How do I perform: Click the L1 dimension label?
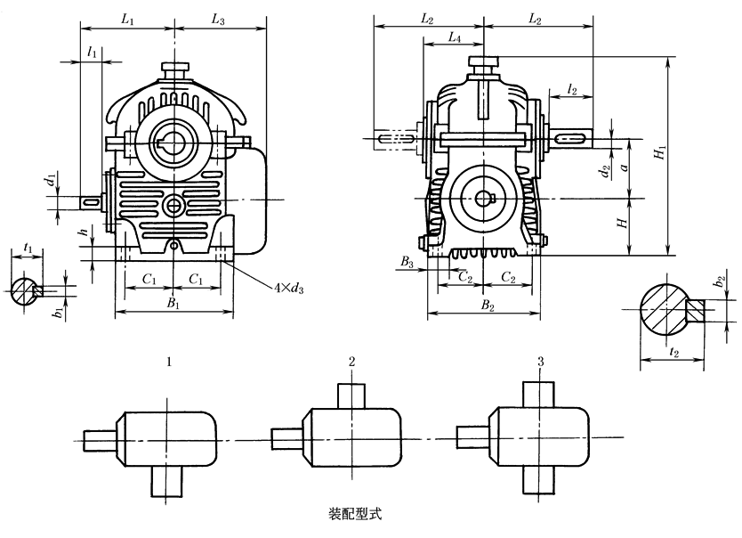point(127,18)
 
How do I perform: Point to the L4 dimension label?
point(454,38)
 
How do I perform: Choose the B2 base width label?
point(487,305)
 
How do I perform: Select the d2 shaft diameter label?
point(604,168)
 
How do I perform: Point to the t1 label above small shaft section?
point(28,247)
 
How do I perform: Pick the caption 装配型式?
point(357,514)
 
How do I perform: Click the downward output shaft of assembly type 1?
point(166,481)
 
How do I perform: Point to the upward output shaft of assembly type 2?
point(353,393)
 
